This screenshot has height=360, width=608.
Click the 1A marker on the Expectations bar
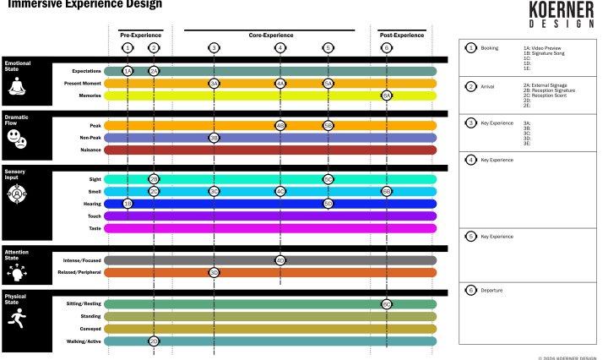tap(128, 71)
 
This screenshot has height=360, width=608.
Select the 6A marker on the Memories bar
tap(387, 95)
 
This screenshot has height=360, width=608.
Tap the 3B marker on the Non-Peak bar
tap(214, 137)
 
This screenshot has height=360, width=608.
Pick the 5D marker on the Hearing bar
tap(328, 204)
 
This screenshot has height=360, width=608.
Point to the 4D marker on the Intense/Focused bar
tap(280, 260)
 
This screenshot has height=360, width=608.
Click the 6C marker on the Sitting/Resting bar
tap(387, 303)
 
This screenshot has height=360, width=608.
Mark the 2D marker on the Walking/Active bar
tap(154, 341)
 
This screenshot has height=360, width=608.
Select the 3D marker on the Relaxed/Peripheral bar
tap(214, 272)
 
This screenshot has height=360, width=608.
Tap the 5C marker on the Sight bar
tap(328, 179)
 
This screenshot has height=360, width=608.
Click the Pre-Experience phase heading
tap(141, 35)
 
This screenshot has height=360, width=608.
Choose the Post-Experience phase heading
tap(402, 35)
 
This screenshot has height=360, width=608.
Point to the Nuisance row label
tap(90, 150)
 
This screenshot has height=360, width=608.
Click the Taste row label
tap(95, 228)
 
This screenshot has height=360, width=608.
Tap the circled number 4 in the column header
tap(280, 48)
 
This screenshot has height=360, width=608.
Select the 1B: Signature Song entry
tap(547, 54)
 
